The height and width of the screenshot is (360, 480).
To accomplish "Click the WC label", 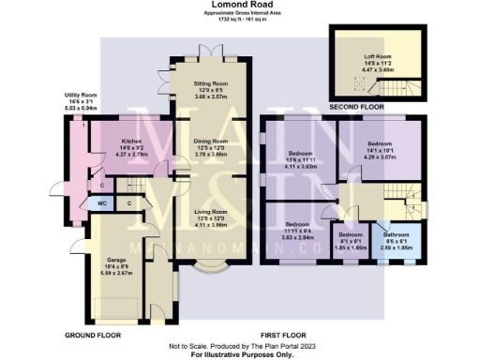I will pos(101,202).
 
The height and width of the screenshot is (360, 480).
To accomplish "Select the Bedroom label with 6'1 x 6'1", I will pos(351,233).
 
